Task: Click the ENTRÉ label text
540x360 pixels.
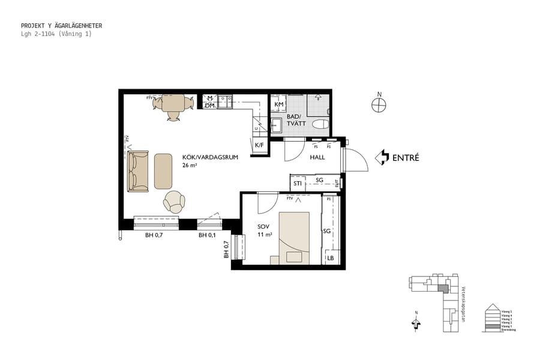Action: pyautogui.click(x=405, y=158)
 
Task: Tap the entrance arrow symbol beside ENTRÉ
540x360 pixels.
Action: pyautogui.click(x=381, y=158)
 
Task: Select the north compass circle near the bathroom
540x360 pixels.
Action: pyautogui.click(x=379, y=105)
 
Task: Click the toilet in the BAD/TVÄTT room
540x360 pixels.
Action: pyautogui.click(x=321, y=124)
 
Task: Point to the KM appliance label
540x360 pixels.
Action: pyautogui.click(x=278, y=105)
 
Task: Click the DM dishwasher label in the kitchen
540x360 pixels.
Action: pyautogui.click(x=209, y=106)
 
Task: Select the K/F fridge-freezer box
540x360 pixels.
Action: pyautogui.click(x=259, y=145)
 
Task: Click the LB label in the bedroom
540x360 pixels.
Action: pyautogui.click(x=330, y=259)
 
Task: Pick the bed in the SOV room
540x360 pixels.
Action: pyautogui.click(x=294, y=238)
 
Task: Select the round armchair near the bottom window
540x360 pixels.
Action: pyautogui.click(x=174, y=202)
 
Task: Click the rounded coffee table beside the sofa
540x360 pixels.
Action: pyautogui.click(x=163, y=171)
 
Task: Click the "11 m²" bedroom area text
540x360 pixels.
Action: pyautogui.click(x=265, y=235)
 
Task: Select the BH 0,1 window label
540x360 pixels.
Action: pyautogui.click(x=208, y=235)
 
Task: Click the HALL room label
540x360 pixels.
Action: pyautogui.click(x=317, y=157)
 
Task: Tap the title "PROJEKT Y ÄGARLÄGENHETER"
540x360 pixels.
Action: pyautogui.click(x=61, y=26)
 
